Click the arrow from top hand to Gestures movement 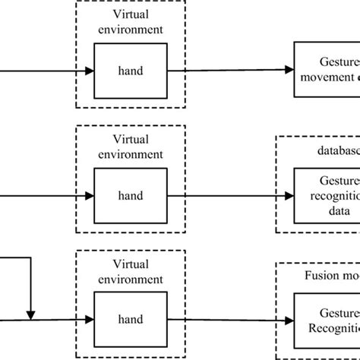click(228, 70)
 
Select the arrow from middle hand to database click(228, 195)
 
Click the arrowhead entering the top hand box click(89, 71)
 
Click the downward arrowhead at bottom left click(30, 314)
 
